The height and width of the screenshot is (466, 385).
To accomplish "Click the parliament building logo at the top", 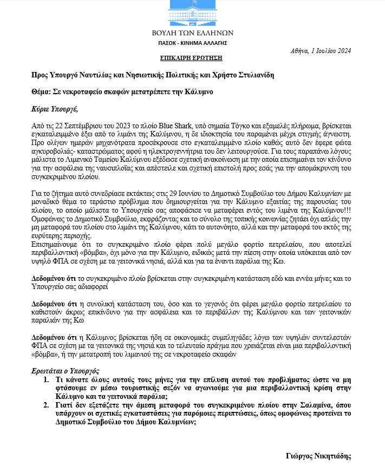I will coord(192,12).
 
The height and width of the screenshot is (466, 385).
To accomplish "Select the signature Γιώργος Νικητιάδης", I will coord(318,456).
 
